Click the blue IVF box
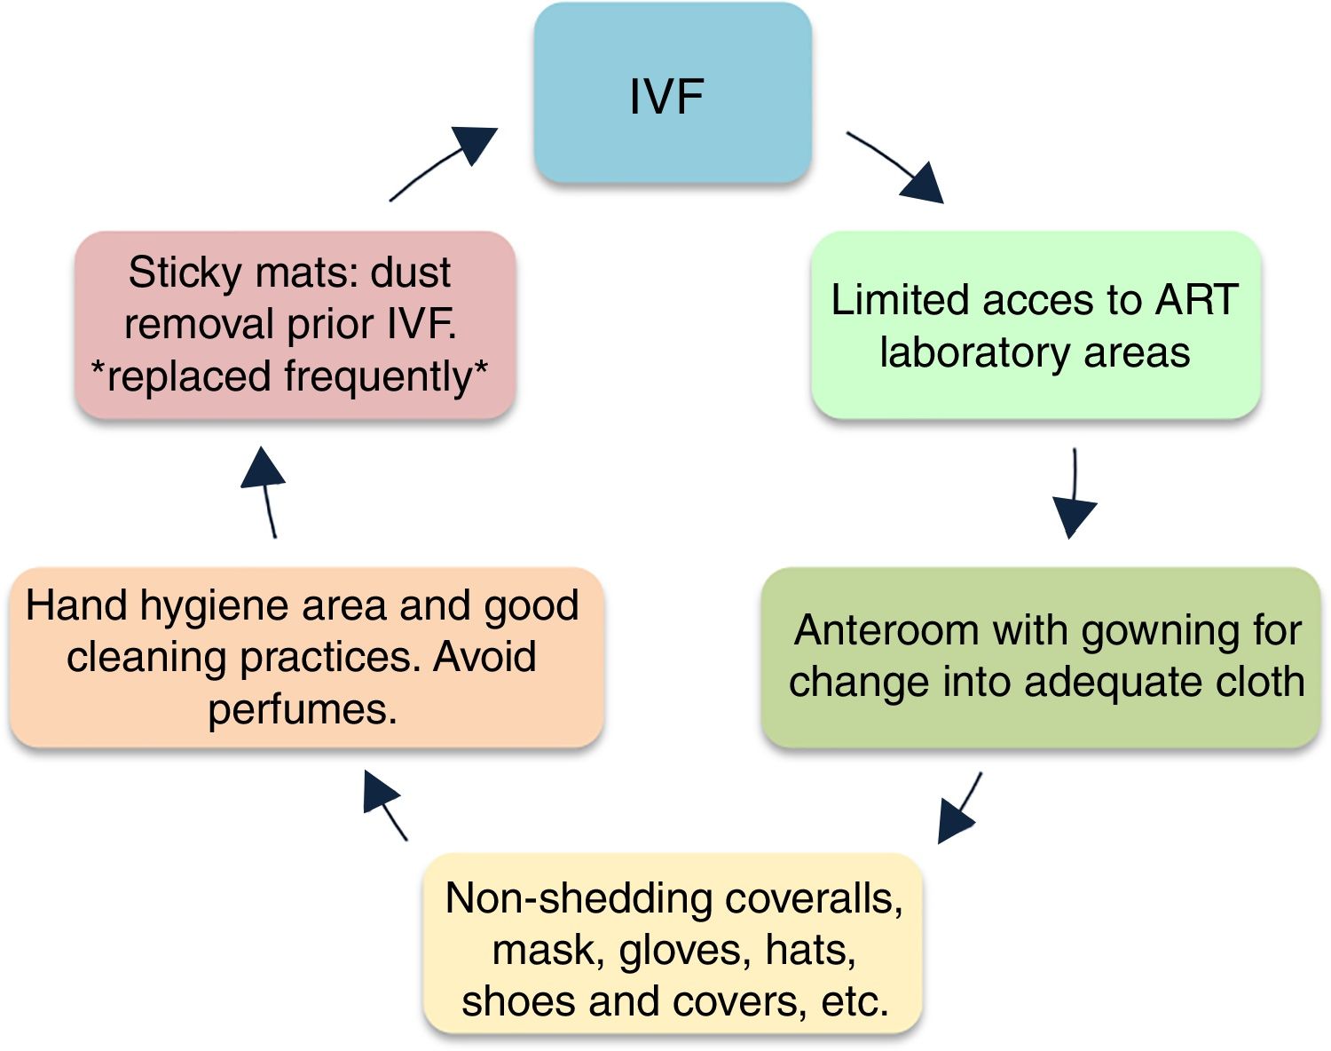pyautogui.click(x=672, y=93)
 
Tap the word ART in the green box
pyautogui.click(x=1195, y=300)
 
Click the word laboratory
pyautogui.click(x=963, y=352)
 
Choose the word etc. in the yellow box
pyautogui.click(x=855, y=1002)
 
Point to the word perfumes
pyautogui.click(x=302, y=709)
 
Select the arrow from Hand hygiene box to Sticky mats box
pyautogui.click(x=264, y=492)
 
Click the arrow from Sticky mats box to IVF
pyautogui.click(x=443, y=164)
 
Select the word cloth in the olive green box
pyautogui.click(x=1259, y=682)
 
